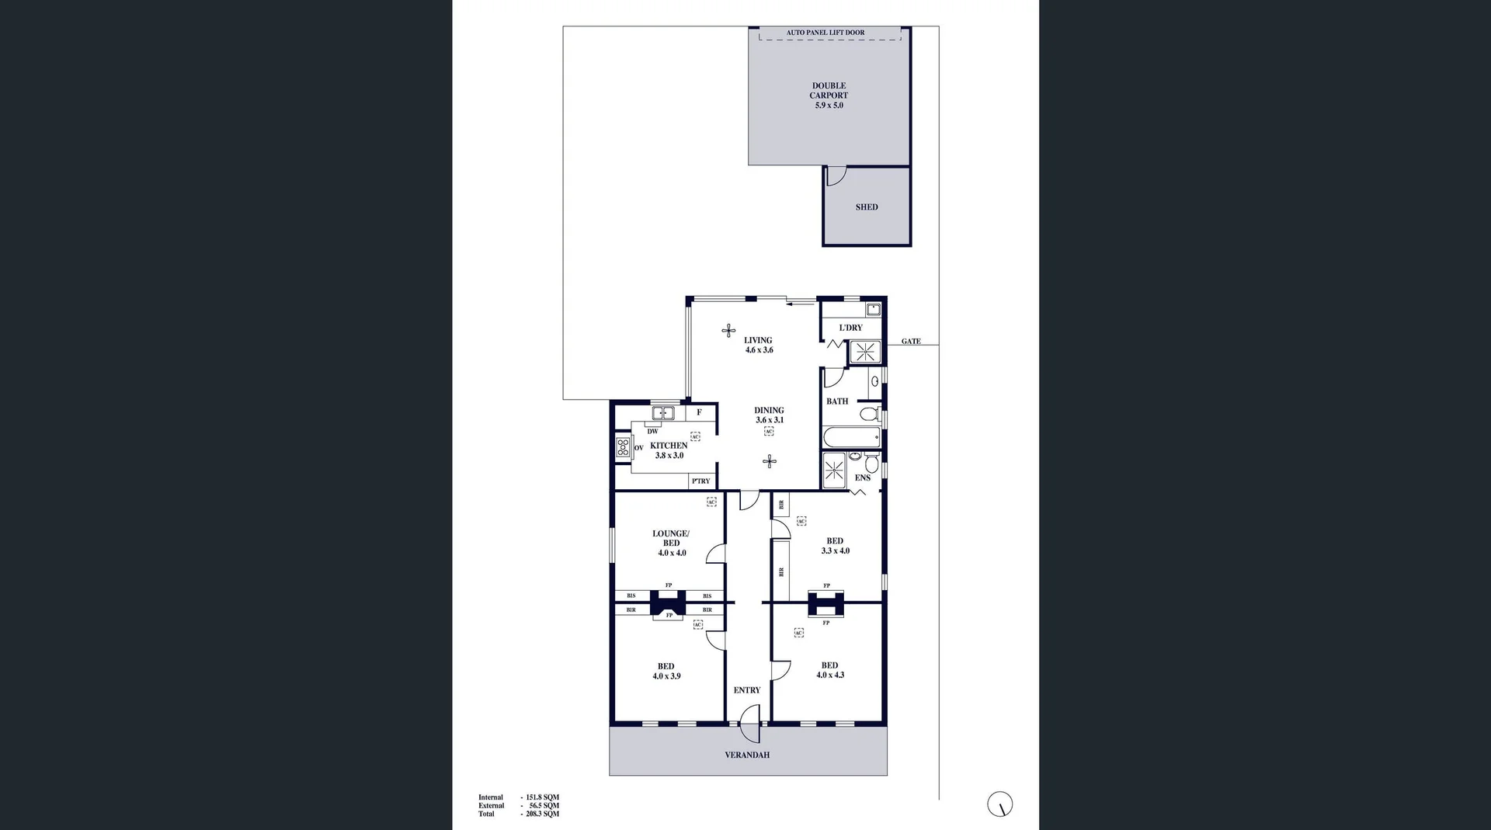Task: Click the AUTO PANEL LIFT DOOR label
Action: point(825,33)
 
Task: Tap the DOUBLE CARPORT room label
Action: point(829,96)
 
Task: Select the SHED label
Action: point(867,207)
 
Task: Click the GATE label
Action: point(911,342)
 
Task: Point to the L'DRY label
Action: point(850,328)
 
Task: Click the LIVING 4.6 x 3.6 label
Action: point(758,345)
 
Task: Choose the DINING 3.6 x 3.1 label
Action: point(769,415)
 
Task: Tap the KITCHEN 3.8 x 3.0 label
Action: point(669,450)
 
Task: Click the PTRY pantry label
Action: point(700,481)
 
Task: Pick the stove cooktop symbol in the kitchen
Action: point(623,447)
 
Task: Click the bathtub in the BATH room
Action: point(851,437)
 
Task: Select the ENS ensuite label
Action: point(862,478)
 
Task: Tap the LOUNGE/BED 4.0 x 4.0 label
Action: point(671,543)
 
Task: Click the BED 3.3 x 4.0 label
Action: point(835,546)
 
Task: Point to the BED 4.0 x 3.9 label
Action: point(666,671)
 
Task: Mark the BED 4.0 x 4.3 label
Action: point(829,670)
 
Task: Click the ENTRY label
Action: point(747,690)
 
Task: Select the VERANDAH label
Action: point(747,755)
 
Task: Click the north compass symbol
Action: point(1000,804)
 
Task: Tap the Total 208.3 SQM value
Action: point(542,814)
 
